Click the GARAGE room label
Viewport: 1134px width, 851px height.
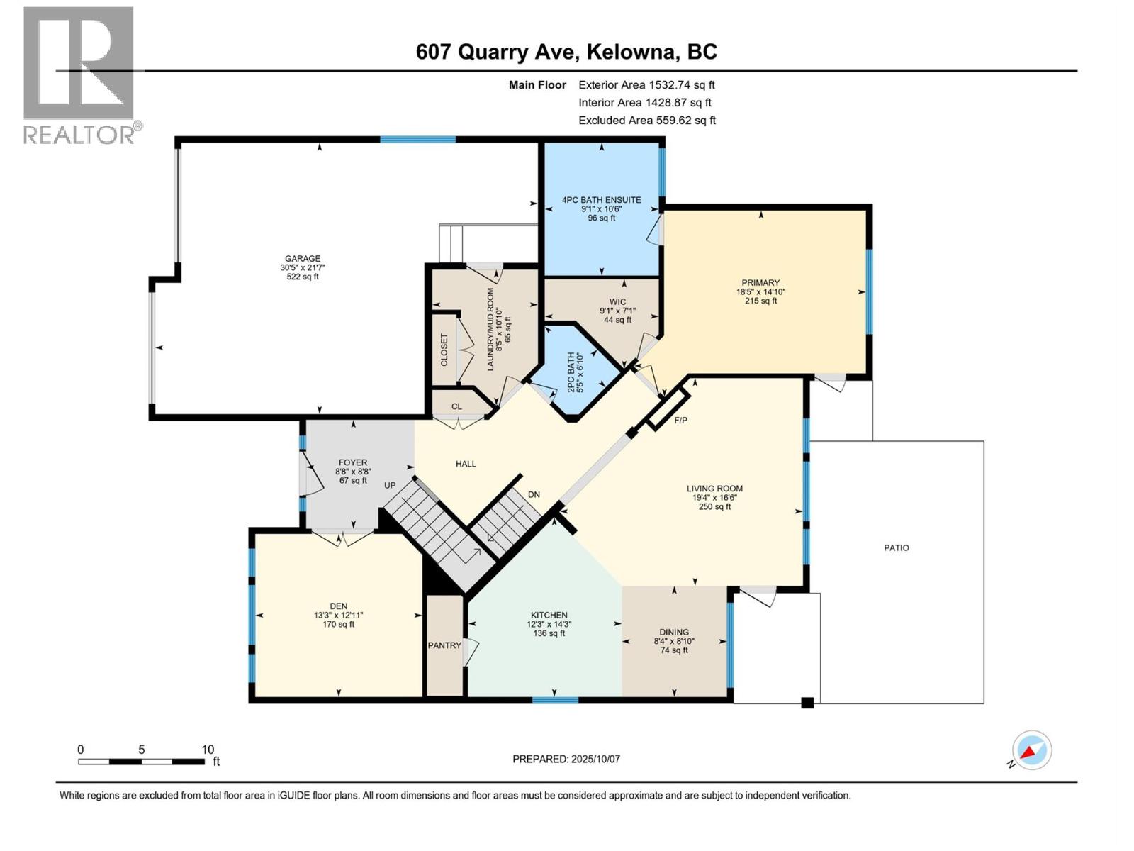click(x=303, y=259)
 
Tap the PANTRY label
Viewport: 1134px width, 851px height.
click(x=444, y=645)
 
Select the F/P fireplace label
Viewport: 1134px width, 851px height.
click(x=681, y=421)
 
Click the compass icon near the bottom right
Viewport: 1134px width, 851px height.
click(x=1032, y=750)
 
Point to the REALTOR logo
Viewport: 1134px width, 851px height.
click(x=79, y=74)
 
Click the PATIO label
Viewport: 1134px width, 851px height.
click(x=897, y=547)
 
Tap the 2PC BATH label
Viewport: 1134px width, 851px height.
click(x=571, y=372)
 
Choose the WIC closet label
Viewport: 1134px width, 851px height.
click(x=617, y=301)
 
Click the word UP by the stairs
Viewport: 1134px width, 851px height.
click(x=390, y=486)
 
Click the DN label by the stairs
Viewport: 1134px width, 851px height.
click(x=534, y=494)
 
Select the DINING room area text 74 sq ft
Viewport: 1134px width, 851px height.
click(x=674, y=650)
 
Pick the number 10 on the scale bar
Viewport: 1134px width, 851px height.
click(x=208, y=750)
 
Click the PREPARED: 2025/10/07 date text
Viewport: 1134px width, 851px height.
click(x=566, y=759)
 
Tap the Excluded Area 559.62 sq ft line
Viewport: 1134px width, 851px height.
click(x=647, y=121)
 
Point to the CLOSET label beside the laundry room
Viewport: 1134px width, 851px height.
click(x=444, y=350)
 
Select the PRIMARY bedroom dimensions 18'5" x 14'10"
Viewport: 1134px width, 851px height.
click(x=760, y=291)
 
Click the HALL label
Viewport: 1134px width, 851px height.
click(x=466, y=464)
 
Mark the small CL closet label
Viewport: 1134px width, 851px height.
click(x=456, y=406)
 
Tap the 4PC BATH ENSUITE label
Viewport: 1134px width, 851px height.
click(x=602, y=200)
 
